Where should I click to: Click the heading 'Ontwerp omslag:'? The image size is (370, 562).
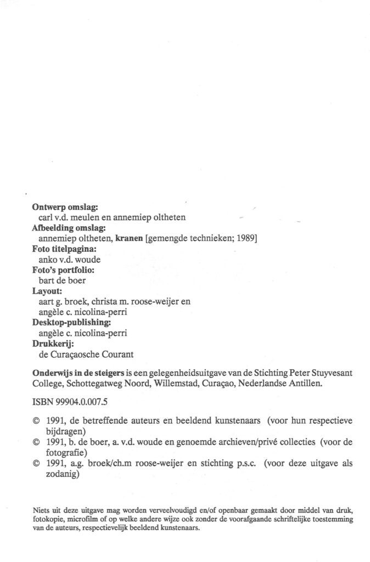[x=65, y=207]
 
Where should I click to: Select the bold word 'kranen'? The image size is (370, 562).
[x=129, y=238]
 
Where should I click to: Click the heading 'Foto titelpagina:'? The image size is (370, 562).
[x=66, y=249]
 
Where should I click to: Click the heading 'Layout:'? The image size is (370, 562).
[x=47, y=290]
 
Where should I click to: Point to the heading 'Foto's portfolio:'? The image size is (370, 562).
[x=63, y=269]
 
